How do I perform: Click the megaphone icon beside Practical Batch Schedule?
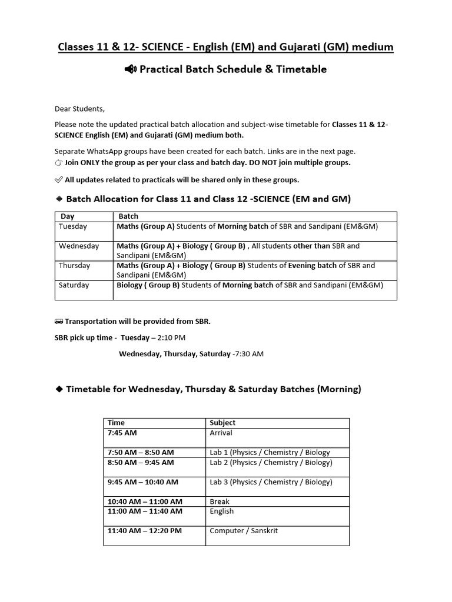click(130, 69)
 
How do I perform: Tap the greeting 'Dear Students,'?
click(79, 109)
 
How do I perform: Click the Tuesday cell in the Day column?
click(73, 226)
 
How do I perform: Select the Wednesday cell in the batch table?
click(79, 246)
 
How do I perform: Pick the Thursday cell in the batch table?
click(75, 265)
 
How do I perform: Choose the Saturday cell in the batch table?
click(74, 285)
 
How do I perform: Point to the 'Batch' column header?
click(128, 216)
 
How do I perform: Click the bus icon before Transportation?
click(58, 322)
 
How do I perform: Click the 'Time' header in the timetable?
click(116, 423)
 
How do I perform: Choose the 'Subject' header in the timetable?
click(222, 423)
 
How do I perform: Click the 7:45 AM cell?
click(122, 433)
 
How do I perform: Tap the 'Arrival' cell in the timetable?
click(221, 433)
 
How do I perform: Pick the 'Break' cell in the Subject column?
click(220, 501)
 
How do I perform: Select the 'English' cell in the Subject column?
click(222, 511)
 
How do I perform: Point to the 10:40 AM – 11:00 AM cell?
click(145, 501)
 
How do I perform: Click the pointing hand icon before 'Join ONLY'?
click(58, 163)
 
